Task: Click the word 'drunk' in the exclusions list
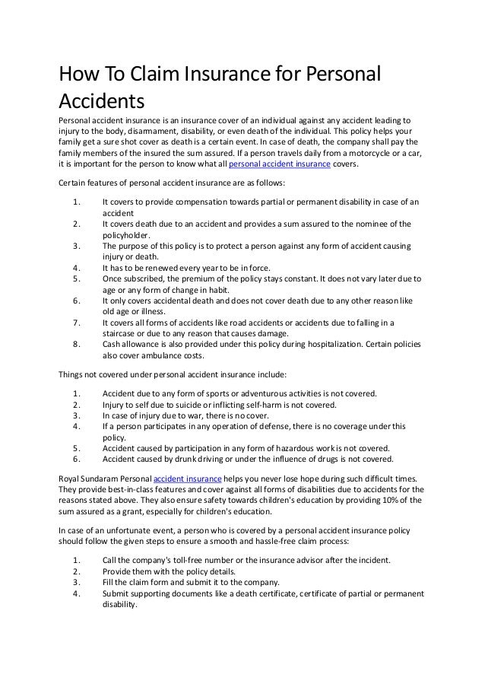[199, 459]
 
